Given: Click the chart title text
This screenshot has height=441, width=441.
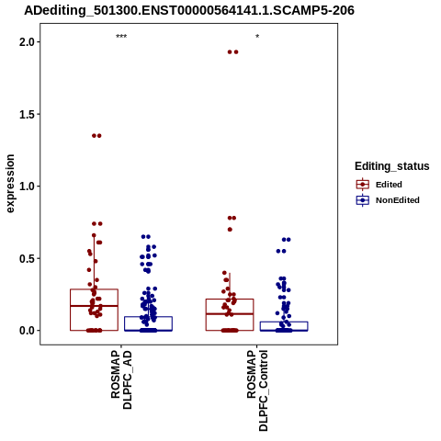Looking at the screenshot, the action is point(189,10).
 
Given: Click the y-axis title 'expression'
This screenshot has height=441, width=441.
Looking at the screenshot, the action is point(10,184).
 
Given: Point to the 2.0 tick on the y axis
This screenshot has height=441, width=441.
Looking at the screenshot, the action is point(28,42).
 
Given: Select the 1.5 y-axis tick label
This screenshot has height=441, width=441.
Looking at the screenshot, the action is point(28,114).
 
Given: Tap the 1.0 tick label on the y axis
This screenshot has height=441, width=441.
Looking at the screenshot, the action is point(28,187).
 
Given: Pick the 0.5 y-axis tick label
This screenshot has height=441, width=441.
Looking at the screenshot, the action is point(28,258).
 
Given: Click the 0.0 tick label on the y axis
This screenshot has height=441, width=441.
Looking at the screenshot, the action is point(28,331).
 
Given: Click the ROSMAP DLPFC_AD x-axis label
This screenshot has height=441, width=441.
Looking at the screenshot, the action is point(121,379).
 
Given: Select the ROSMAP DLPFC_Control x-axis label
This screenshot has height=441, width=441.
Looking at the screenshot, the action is point(257,390).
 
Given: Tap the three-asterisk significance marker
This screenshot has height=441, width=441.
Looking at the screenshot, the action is point(121,37).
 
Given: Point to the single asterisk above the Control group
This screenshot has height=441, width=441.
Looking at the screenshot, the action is point(257,37).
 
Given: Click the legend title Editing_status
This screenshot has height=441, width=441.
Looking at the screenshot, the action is point(392,166).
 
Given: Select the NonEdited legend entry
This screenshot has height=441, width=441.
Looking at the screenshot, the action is point(388,200).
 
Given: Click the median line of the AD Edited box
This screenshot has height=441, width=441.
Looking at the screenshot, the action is point(94,306).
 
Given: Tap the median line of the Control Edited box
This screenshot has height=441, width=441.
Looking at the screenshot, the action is point(230,314).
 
